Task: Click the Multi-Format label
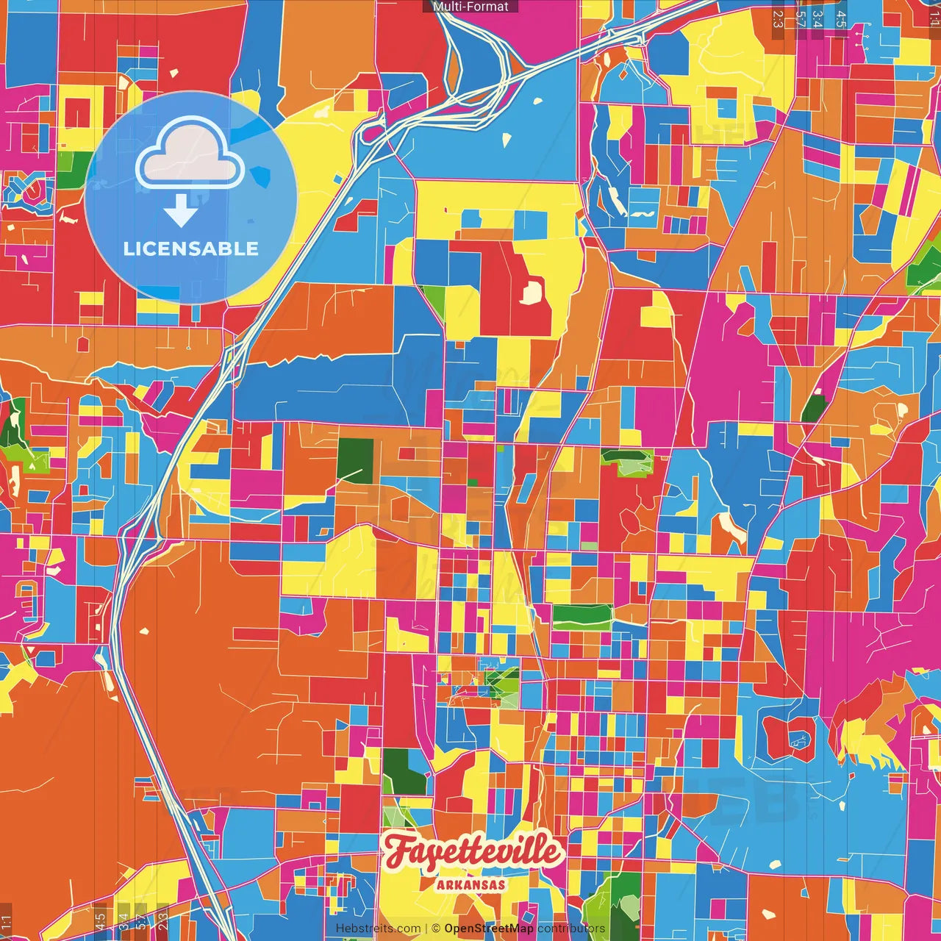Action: [x=470, y=7]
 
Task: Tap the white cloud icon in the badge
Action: [x=190, y=156]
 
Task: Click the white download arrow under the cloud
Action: [x=180, y=211]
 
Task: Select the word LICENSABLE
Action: [x=191, y=248]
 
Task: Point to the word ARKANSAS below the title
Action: [x=471, y=884]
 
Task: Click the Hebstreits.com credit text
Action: [x=378, y=929]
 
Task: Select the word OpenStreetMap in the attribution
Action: [x=489, y=929]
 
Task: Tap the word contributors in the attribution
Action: [x=571, y=929]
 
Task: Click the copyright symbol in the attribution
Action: [x=436, y=929]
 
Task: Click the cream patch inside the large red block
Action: [x=531, y=292]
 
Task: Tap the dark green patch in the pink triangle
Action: [x=813, y=407]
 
